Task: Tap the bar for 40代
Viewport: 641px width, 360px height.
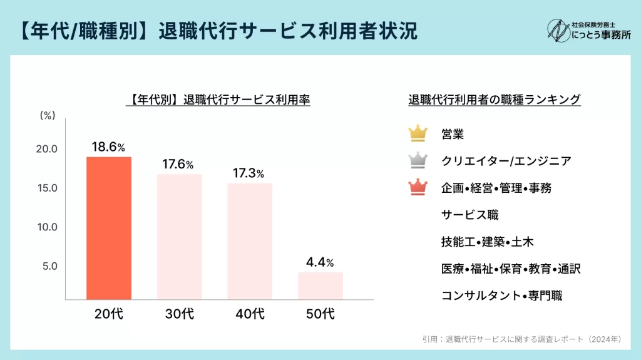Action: (x=250, y=241)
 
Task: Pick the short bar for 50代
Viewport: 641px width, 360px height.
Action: (x=320, y=285)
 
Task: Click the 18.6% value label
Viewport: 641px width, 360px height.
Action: (x=108, y=147)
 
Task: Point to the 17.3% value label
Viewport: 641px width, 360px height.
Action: (x=249, y=173)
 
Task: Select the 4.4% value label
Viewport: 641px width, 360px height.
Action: (x=320, y=262)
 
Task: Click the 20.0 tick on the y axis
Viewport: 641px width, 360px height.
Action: (x=47, y=149)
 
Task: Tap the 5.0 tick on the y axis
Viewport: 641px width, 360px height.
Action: (x=50, y=266)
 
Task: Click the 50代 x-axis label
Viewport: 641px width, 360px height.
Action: (x=320, y=314)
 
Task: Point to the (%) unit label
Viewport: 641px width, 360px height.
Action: (x=48, y=115)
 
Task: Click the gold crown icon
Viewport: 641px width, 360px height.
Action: (x=418, y=133)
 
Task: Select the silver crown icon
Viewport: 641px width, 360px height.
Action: (x=418, y=160)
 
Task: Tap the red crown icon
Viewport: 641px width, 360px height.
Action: (x=418, y=187)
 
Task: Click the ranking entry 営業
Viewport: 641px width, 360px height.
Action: (x=453, y=133)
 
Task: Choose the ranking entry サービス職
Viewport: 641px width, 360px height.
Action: (x=469, y=215)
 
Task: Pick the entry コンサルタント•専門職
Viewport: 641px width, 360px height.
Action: (x=501, y=296)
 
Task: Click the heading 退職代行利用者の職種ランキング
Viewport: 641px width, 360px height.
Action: (x=495, y=99)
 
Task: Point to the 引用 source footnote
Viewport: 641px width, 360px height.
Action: (x=522, y=339)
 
